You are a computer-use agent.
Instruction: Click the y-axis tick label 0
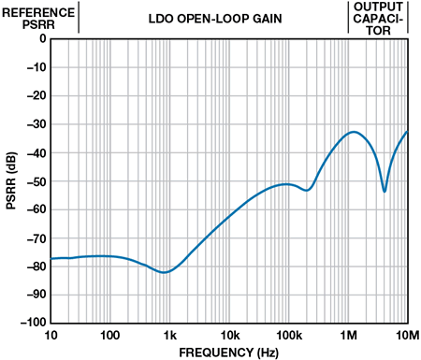[43, 38]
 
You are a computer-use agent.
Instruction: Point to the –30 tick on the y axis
[36, 124]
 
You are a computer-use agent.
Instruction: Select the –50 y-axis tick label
[36, 181]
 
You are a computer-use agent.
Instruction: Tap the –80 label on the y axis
[36, 266]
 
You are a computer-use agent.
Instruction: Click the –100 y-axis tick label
[34, 323]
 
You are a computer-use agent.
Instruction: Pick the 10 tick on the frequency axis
[51, 336]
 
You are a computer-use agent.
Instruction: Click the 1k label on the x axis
[170, 336]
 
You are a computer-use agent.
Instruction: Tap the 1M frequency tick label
[348, 336]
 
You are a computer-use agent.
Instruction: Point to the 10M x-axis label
[407, 336]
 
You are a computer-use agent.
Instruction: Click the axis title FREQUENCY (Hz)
[228, 353]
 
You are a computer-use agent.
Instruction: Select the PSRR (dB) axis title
[11, 180]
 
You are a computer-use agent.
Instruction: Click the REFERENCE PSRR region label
[38, 19]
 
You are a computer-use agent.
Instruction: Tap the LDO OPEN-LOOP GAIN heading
[215, 19]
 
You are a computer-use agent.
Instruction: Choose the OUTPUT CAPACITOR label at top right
[378, 19]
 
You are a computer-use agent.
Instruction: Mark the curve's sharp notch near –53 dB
[385, 191]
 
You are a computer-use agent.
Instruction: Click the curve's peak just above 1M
[354, 132]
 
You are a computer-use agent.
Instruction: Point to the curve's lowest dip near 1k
[164, 272]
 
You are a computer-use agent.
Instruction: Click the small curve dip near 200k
[307, 190]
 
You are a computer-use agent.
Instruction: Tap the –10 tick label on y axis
[36, 67]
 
